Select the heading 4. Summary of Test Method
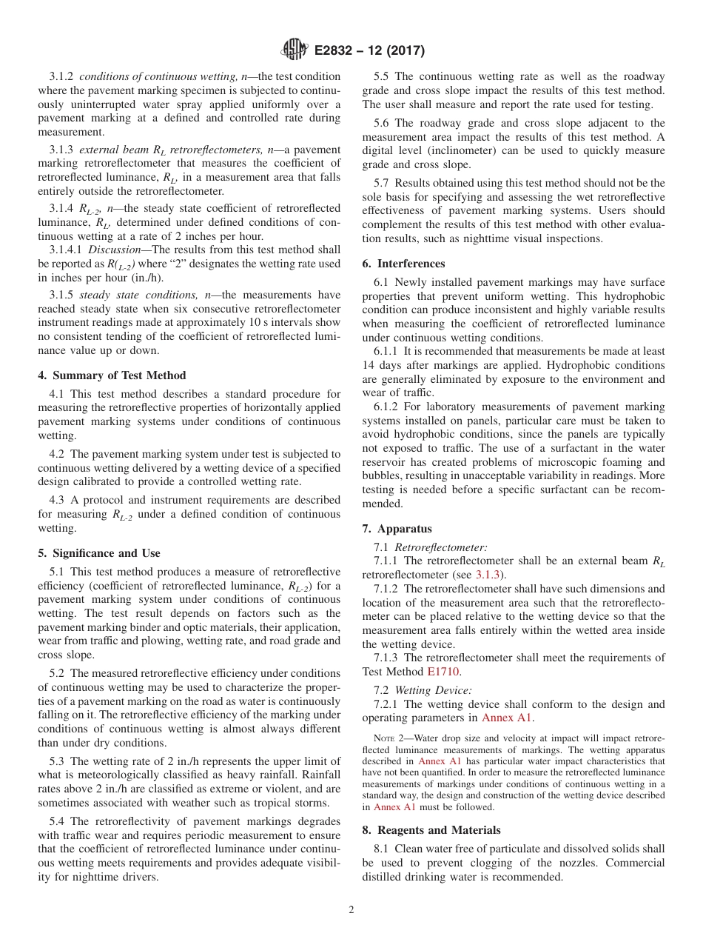pos(112,375)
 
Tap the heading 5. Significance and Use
pos(98,553)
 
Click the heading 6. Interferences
pos(403,264)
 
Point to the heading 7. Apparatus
pos(397,529)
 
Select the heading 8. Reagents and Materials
pos(431,830)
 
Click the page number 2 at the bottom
pos(351,910)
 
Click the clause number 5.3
pos(58,761)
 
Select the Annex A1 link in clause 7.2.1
pos(507,718)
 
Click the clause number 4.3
pos(58,501)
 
